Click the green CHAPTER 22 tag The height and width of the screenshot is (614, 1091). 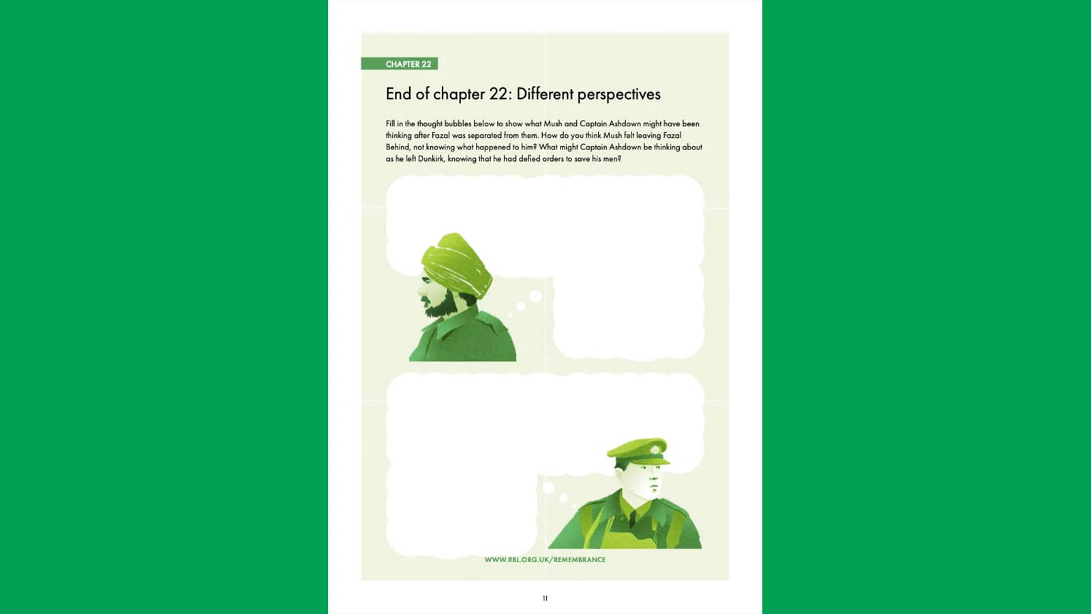[400, 64]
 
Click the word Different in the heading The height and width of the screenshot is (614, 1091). [545, 93]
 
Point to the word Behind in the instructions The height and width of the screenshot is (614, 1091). [398, 147]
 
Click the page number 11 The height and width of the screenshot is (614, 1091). [545, 598]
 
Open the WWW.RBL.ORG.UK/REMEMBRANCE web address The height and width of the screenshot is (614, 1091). [545, 560]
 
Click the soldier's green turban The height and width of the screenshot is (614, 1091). [456, 263]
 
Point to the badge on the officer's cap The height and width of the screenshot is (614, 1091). [655, 448]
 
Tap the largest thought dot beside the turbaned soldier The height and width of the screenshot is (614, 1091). [535, 296]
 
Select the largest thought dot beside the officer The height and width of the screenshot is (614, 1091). [548, 487]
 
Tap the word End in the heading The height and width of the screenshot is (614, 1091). [398, 93]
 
